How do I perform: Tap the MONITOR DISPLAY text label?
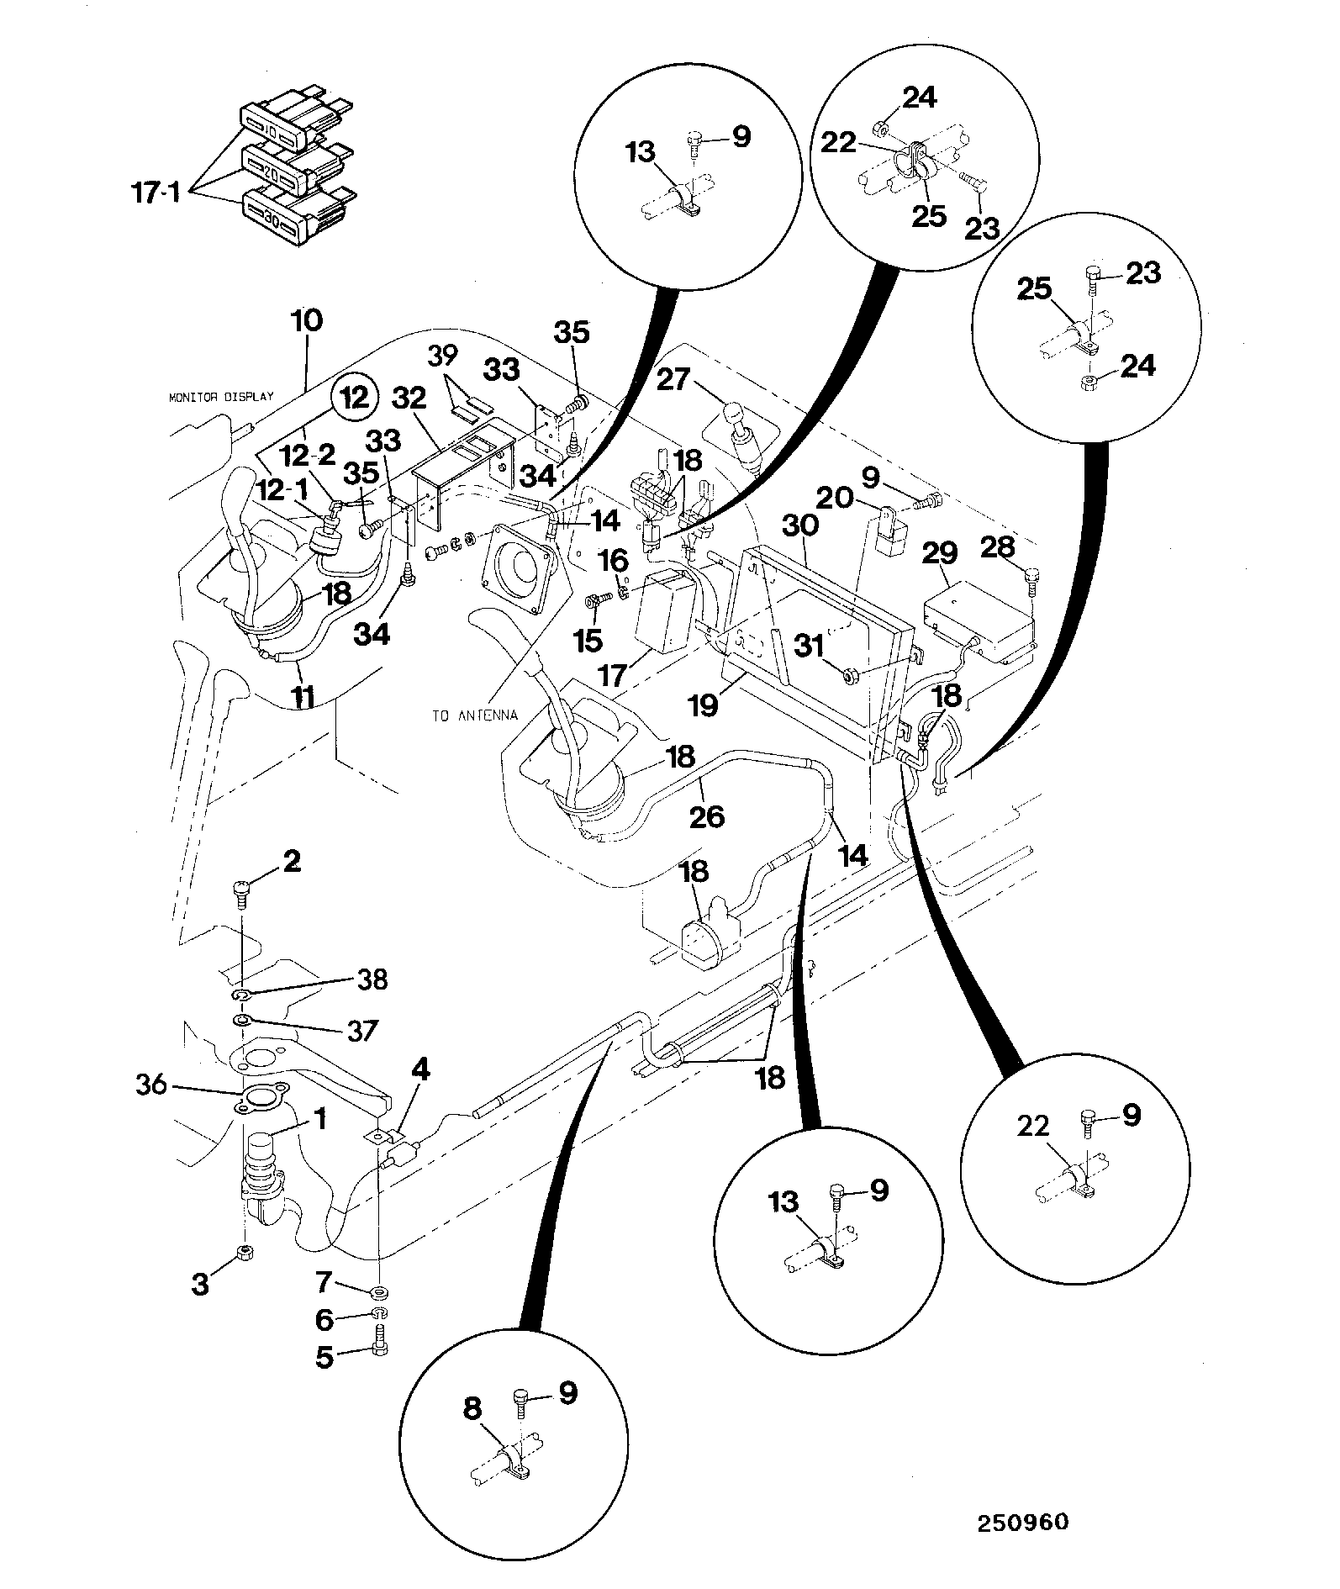[221, 396]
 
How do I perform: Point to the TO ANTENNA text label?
[474, 715]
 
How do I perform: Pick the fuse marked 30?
[271, 217]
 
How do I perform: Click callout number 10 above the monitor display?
[307, 320]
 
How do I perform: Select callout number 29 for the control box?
[940, 553]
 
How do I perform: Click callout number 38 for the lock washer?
[372, 979]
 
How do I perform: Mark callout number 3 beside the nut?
[199, 1284]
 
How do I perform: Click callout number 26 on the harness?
[706, 815]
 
